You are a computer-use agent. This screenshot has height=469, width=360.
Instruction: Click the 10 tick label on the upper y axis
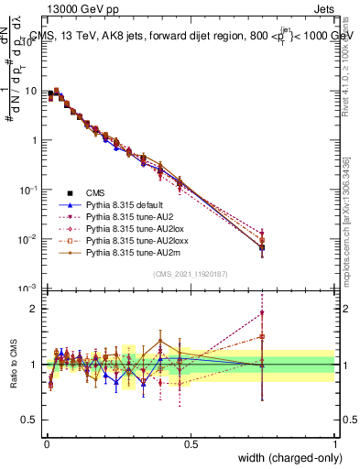(x=32, y=92)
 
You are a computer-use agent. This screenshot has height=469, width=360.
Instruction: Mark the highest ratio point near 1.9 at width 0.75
(x=262, y=312)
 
